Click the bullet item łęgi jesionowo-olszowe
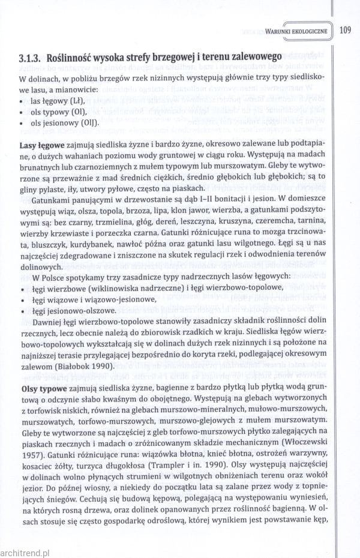pos(73,311)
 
